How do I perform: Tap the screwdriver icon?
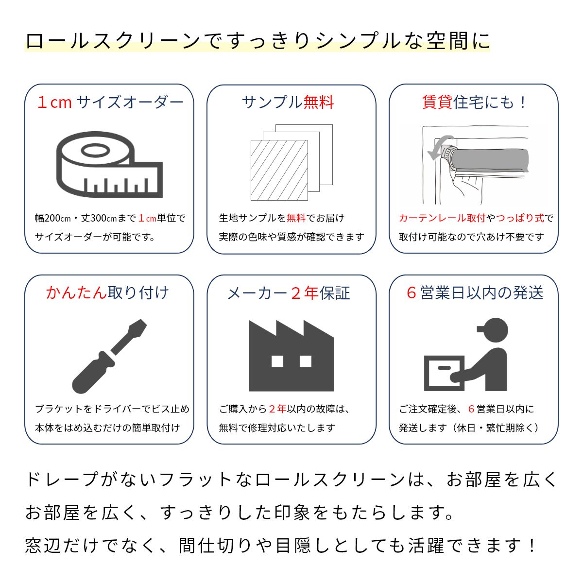(x=109, y=357)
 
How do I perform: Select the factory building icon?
(x=291, y=356)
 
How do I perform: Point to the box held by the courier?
(x=444, y=373)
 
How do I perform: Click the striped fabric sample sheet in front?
(x=279, y=170)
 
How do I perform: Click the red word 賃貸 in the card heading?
(x=437, y=102)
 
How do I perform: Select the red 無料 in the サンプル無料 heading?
(x=319, y=102)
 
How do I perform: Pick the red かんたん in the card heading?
(x=77, y=292)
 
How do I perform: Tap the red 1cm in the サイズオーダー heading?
(x=54, y=102)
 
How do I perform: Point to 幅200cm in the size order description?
(x=52, y=218)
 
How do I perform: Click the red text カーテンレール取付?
(x=442, y=218)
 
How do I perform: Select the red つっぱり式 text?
(x=520, y=218)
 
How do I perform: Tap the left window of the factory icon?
(x=277, y=361)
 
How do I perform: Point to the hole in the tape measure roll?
(x=95, y=150)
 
